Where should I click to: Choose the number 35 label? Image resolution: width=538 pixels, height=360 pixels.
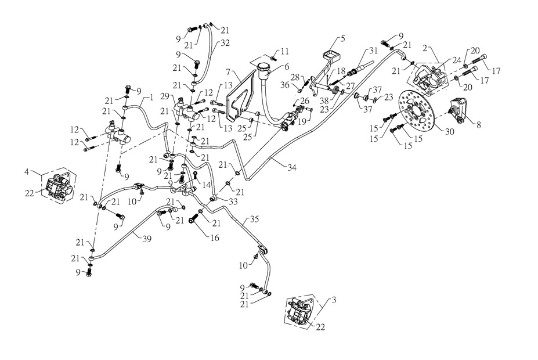[x=253, y=219]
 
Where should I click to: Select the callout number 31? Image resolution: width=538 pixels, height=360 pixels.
[x=373, y=51]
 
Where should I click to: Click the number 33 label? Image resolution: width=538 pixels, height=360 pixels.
[x=233, y=201]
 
